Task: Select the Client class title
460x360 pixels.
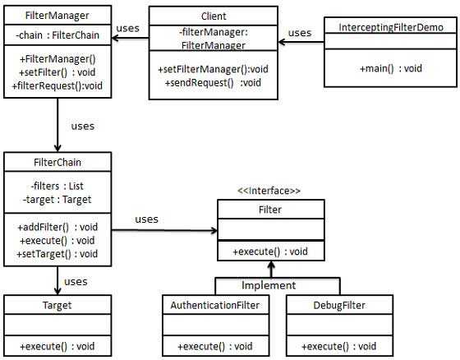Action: (x=213, y=16)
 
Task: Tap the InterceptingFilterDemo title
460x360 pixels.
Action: (x=391, y=27)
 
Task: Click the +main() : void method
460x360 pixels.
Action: (x=391, y=68)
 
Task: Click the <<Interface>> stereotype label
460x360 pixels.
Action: (x=269, y=191)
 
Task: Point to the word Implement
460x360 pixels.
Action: (x=269, y=285)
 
